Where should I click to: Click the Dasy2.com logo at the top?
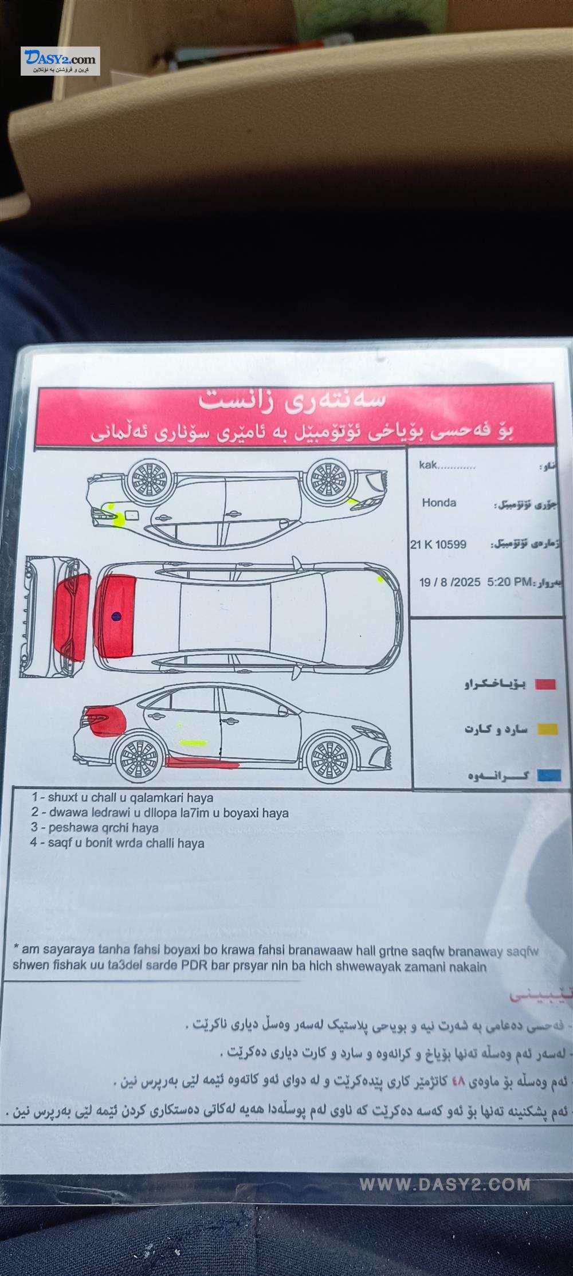coord(60,61)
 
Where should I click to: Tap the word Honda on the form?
coord(439,503)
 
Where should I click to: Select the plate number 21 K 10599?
coord(438,544)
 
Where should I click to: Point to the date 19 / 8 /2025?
coord(450,582)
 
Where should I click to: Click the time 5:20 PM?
coord(509,582)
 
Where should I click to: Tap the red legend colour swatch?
coord(545,684)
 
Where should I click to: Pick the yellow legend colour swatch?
coord(547,729)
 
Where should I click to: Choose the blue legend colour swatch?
coord(548,776)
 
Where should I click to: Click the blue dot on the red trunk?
coord(116,617)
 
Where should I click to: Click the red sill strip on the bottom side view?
coord(201,762)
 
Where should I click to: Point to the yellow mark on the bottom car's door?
coord(194,743)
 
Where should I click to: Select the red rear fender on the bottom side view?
coord(109,721)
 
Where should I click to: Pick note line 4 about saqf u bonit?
coord(117,843)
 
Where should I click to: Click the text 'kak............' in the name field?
coord(447,465)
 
